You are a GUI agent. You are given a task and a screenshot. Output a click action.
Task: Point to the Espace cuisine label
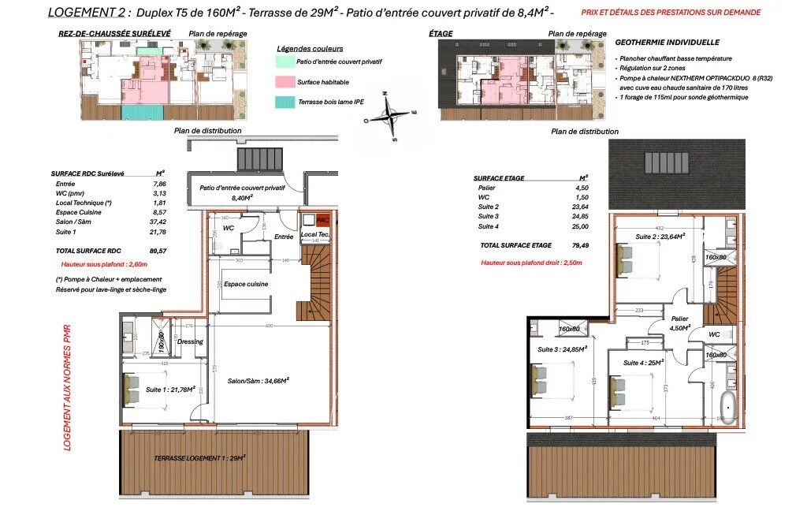coord(246,284)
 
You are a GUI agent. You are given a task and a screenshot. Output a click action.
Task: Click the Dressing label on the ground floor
coord(191,341)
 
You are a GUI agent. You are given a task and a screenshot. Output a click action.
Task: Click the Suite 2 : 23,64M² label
coord(660,236)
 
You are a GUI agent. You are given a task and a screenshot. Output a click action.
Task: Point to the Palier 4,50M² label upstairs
coord(679,323)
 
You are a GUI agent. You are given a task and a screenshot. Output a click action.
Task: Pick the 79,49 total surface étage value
coord(582,245)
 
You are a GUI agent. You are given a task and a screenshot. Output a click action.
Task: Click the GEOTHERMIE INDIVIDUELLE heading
coord(667,43)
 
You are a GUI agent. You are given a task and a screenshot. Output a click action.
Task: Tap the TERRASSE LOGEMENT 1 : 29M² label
coord(200,457)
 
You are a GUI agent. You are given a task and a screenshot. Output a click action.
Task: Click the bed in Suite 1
coord(132,390)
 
